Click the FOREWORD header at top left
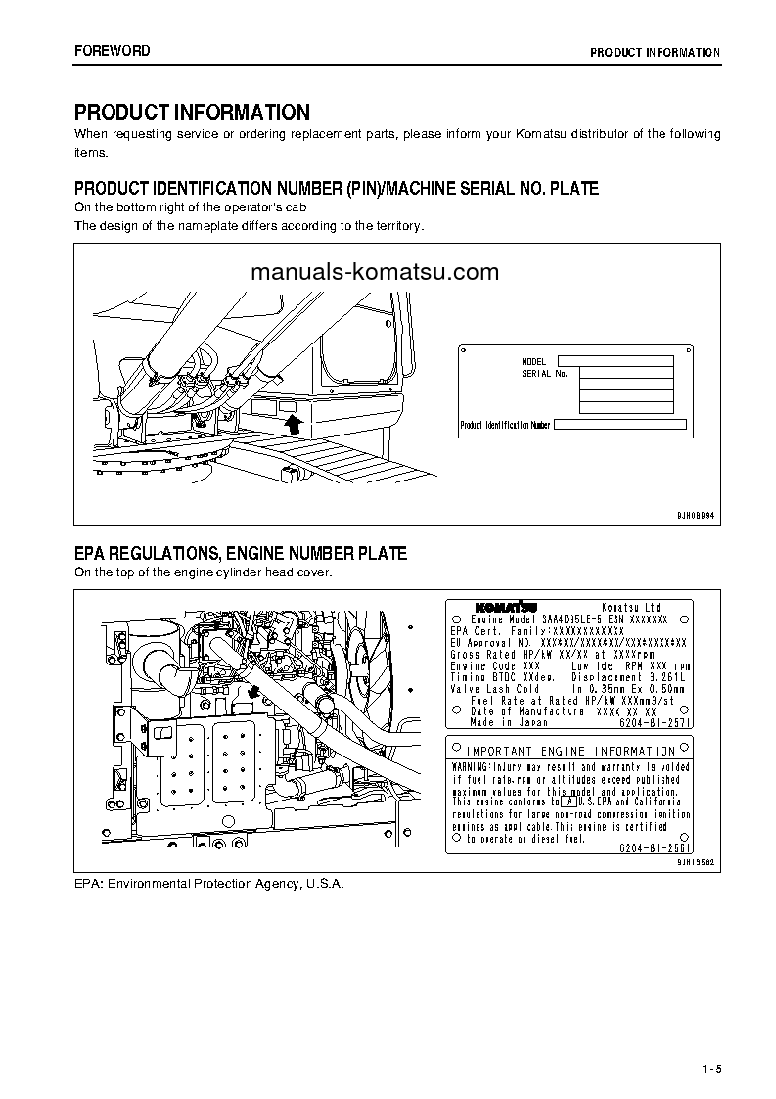tap(113, 51)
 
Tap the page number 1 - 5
tap(710, 1068)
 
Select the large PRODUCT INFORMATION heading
tap(192, 113)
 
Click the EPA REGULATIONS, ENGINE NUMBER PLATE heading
tap(241, 554)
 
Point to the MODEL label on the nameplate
tap(534, 362)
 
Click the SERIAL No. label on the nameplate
tap(544, 374)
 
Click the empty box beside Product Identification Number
tap(620, 425)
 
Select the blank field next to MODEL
tap(625, 361)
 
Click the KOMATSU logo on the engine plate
tap(503, 607)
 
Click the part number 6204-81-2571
tap(656, 722)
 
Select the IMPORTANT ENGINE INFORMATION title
tap(571, 752)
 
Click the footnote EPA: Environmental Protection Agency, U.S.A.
tap(209, 883)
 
